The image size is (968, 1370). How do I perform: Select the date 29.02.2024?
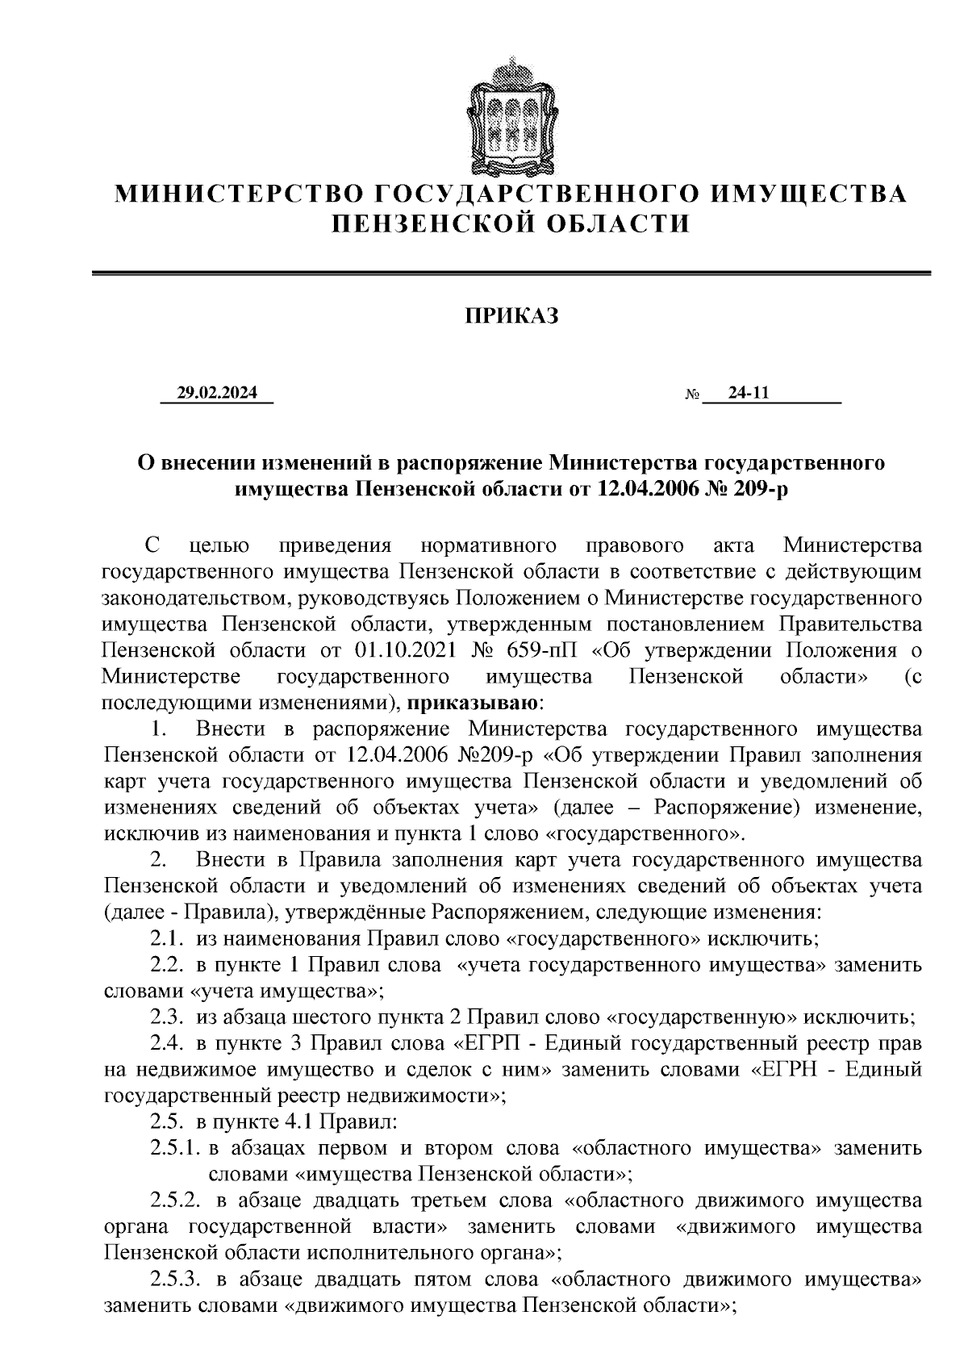[x=218, y=393]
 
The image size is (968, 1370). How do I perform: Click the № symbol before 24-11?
[x=691, y=395]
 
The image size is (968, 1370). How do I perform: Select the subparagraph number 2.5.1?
[x=174, y=1148]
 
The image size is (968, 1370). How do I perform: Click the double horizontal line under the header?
[x=511, y=274]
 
